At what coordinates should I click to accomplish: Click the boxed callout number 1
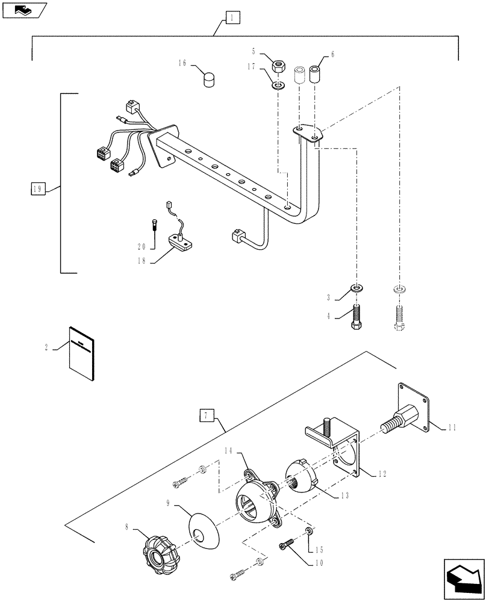pyautogui.click(x=232, y=18)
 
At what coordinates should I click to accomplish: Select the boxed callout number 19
pyautogui.click(x=37, y=189)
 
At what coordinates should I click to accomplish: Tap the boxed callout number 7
pyautogui.click(x=206, y=415)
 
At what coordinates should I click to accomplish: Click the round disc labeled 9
pyautogui.click(x=202, y=523)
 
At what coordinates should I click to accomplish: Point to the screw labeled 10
pyautogui.click(x=288, y=545)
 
